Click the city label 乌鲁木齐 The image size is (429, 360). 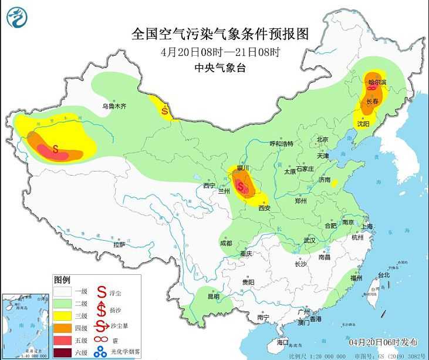pyautogui.click(x=114, y=106)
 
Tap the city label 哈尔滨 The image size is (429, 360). pyautogui.click(x=377, y=83)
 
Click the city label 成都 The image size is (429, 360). pyautogui.click(x=225, y=243)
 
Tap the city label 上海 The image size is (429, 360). pyautogui.click(x=368, y=226)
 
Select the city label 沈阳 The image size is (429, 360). pyautogui.click(x=363, y=124)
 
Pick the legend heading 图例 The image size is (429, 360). pyautogui.click(x=62, y=279)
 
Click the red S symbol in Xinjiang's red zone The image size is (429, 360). pyautogui.click(x=56, y=149)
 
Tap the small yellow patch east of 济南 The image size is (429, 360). pyautogui.click(x=335, y=183)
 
